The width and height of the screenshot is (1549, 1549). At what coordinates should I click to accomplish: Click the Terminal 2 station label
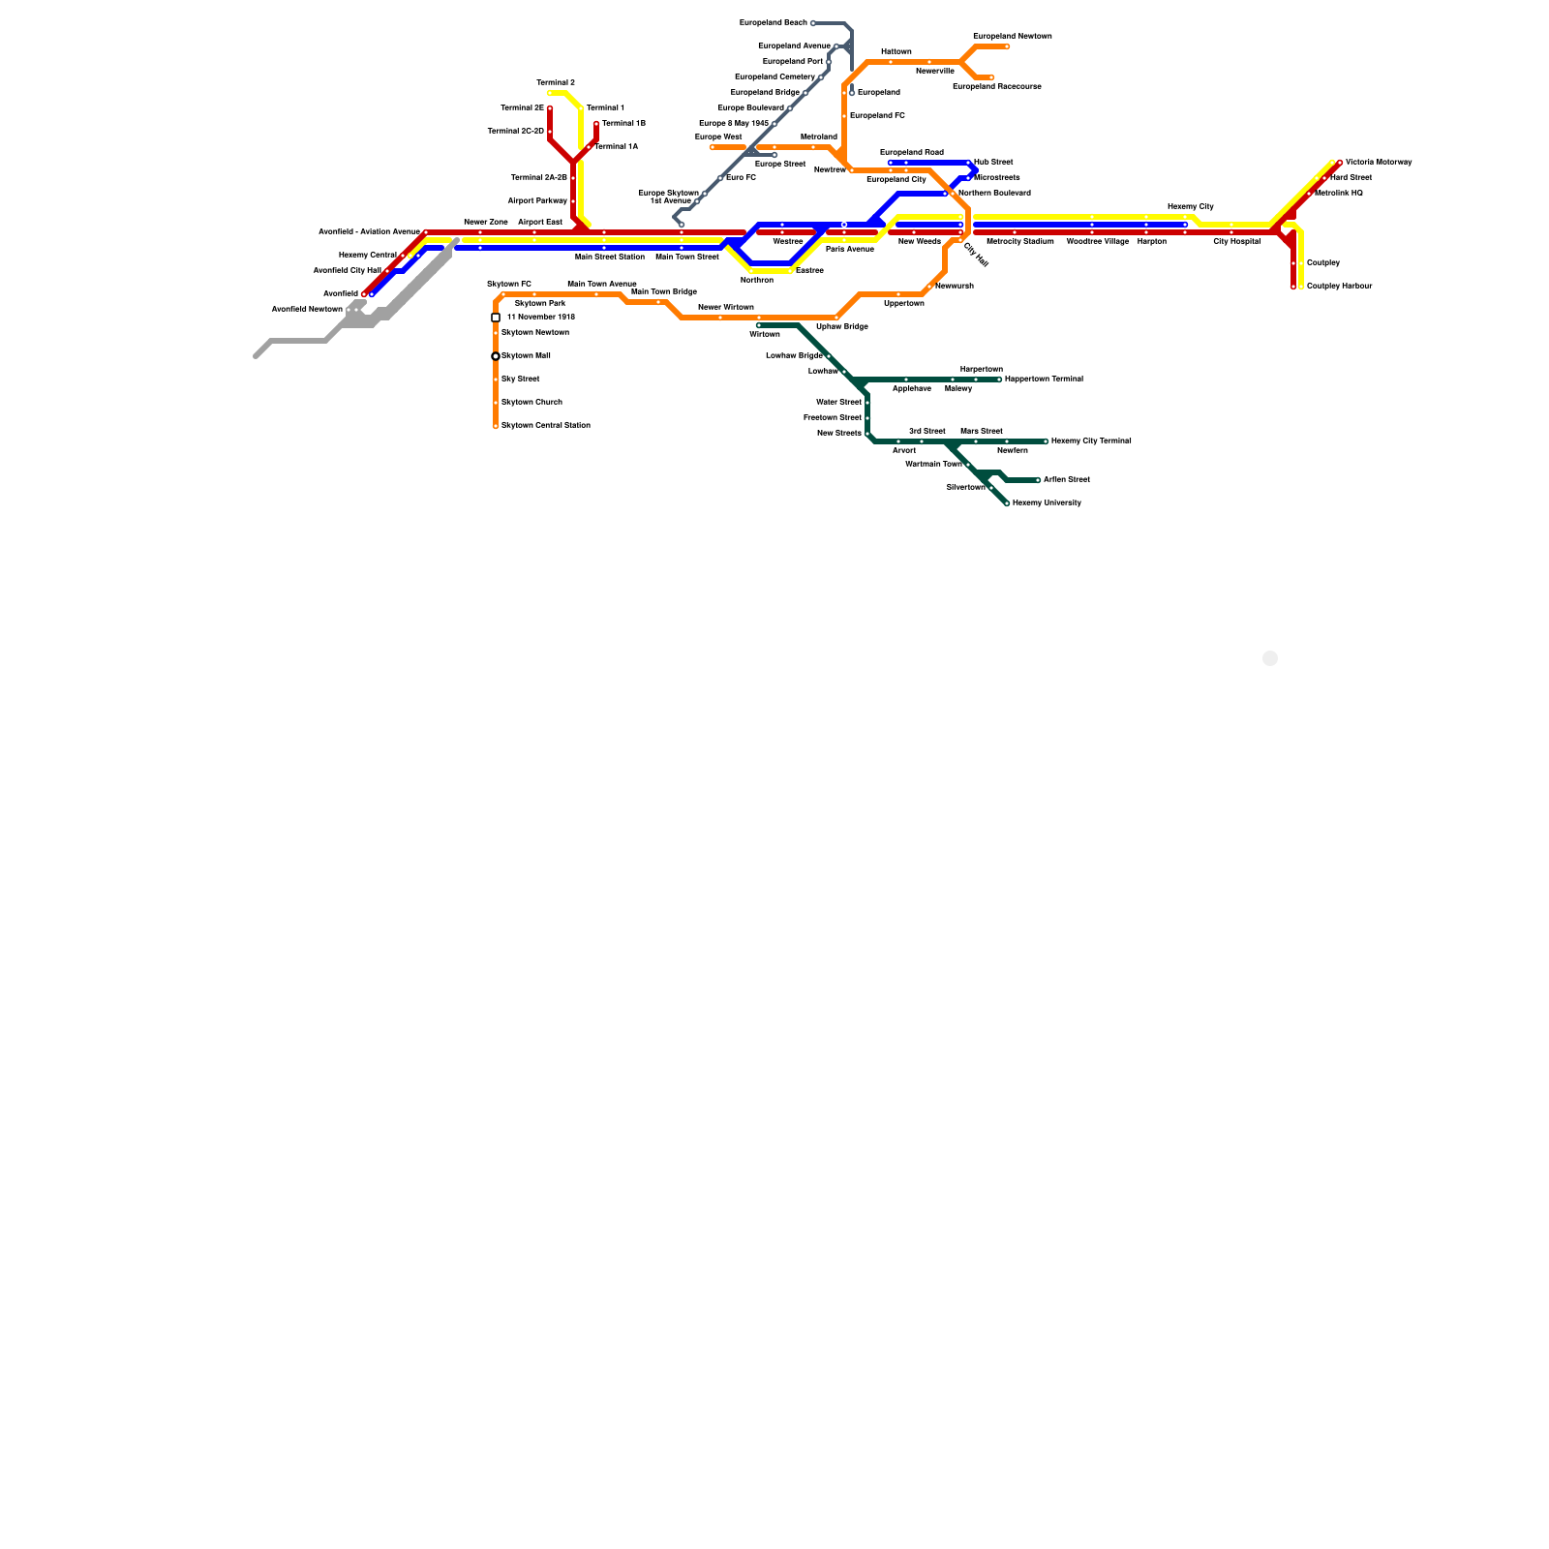point(556,83)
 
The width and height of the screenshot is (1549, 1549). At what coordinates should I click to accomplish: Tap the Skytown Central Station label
point(545,426)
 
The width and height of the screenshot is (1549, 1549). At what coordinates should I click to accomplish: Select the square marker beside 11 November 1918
point(496,318)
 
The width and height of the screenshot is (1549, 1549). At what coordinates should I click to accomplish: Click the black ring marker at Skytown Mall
point(496,356)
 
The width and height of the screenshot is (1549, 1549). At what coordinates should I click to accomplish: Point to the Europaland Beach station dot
point(813,23)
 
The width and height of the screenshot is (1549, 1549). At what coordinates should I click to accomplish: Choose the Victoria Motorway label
point(1378,163)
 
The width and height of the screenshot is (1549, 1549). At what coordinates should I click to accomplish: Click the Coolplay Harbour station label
point(1339,287)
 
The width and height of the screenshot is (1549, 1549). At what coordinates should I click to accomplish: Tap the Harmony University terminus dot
point(1007,503)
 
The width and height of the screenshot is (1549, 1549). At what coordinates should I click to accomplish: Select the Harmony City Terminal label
point(1091,441)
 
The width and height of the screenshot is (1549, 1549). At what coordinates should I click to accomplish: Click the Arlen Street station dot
point(1038,480)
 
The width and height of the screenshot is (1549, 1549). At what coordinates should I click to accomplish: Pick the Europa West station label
point(718,137)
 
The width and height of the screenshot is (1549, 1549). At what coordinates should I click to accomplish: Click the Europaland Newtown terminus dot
point(1007,46)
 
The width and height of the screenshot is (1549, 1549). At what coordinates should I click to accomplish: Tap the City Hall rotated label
point(976,255)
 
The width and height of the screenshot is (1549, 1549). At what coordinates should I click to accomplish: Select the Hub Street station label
point(993,163)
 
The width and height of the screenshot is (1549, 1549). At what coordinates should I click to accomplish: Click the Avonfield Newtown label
point(307,310)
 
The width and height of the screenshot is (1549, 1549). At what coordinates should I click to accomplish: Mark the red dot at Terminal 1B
point(596,124)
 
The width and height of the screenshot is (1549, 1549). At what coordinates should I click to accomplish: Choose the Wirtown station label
point(765,335)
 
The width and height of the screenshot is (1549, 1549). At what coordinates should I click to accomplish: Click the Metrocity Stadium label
point(1020,242)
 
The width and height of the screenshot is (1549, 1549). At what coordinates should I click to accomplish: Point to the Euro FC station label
point(741,178)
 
